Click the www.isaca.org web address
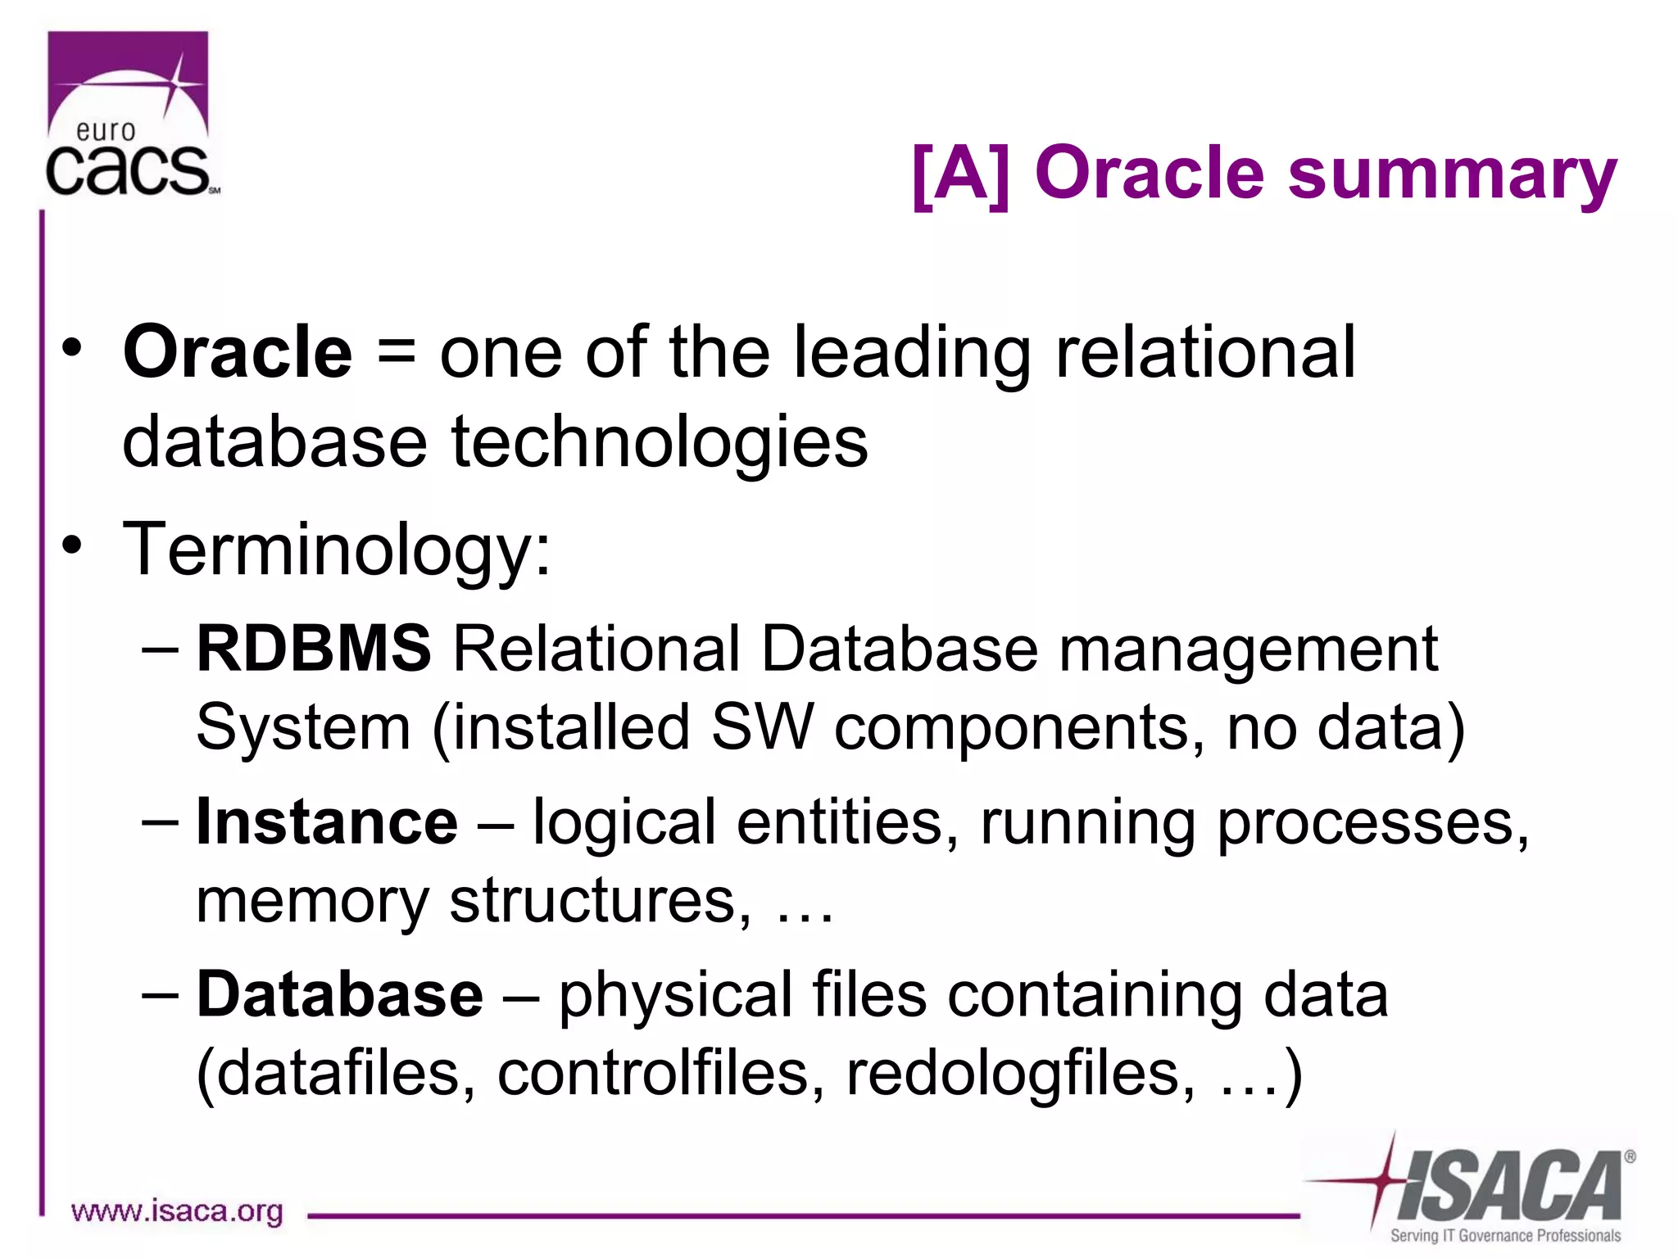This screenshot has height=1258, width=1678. [177, 1210]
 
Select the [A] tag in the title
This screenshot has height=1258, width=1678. [960, 174]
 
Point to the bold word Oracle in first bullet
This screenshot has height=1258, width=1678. [238, 352]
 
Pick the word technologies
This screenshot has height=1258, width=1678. [660, 442]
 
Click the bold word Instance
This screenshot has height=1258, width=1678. [327, 821]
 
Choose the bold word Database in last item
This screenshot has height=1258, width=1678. [340, 994]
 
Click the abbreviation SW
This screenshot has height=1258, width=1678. [762, 727]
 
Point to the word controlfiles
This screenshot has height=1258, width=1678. [660, 1073]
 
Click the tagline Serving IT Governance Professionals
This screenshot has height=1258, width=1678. [1505, 1235]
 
